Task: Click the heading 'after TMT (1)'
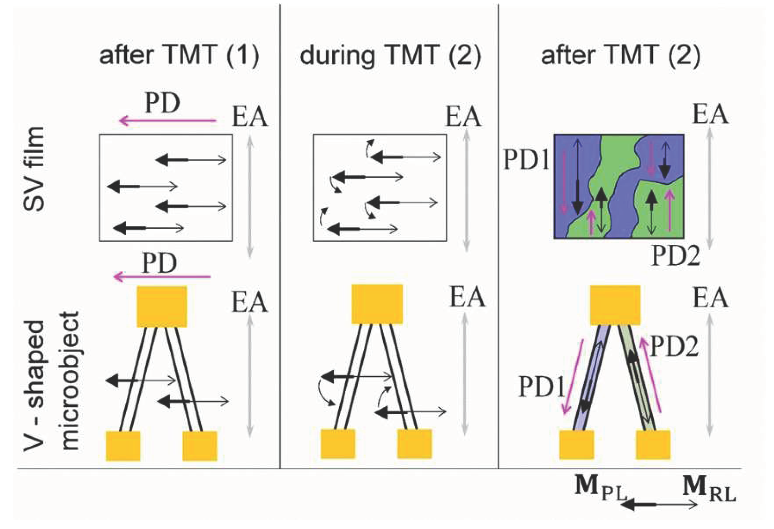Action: (x=179, y=55)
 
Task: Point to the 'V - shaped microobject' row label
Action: (x=52, y=381)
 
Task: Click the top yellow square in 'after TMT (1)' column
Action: (x=162, y=307)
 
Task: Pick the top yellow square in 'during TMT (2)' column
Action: (x=377, y=304)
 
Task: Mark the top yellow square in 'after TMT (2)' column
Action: (x=615, y=305)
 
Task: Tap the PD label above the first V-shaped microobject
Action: (x=159, y=263)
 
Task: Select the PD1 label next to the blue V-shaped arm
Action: (x=541, y=387)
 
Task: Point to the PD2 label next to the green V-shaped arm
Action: (x=674, y=347)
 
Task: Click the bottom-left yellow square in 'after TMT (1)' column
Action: (x=123, y=446)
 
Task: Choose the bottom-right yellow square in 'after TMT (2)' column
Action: (x=653, y=445)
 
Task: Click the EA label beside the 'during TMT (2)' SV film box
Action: (x=463, y=117)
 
